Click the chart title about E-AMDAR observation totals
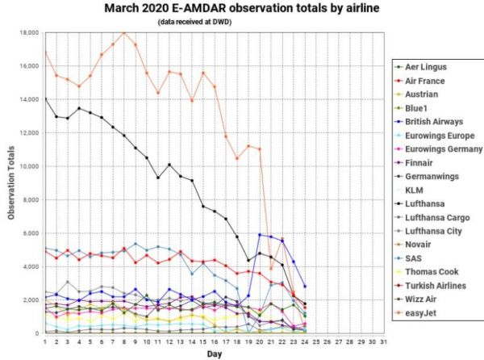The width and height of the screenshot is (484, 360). (x=241, y=8)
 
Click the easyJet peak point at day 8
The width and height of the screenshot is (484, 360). (x=123, y=32)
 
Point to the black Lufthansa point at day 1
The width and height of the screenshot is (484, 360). (x=45, y=98)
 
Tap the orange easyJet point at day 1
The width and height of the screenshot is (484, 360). (x=45, y=52)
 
